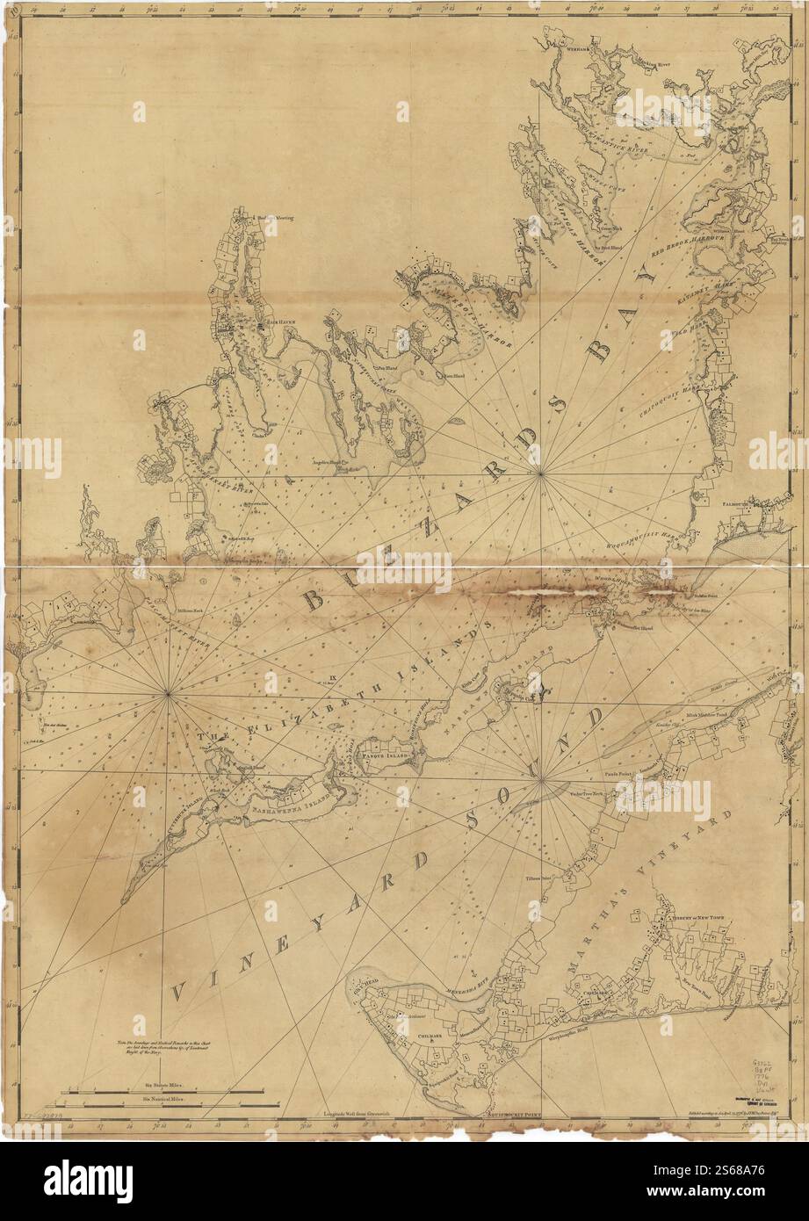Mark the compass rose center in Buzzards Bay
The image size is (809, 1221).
click(541, 475)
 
